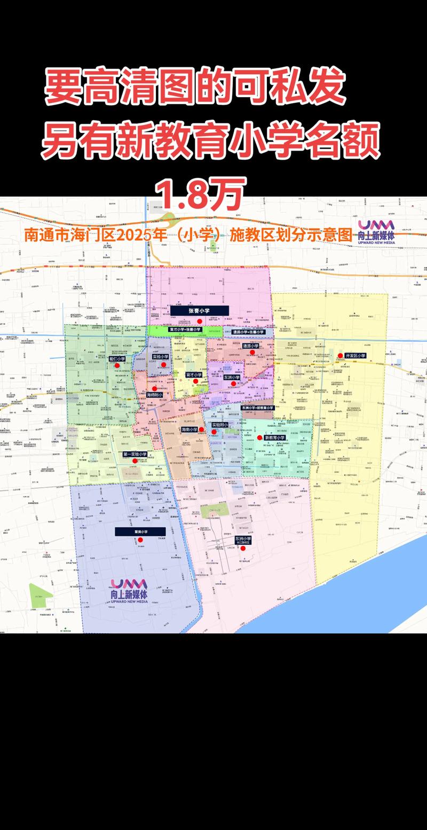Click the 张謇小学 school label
(x=199, y=310)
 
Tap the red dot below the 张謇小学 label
(x=199, y=321)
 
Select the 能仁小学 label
(x=117, y=359)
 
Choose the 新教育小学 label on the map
(x=275, y=437)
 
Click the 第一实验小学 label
(x=135, y=455)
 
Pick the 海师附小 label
(x=155, y=395)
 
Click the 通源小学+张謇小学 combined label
(x=248, y=332)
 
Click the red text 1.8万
(x=200, y=194)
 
